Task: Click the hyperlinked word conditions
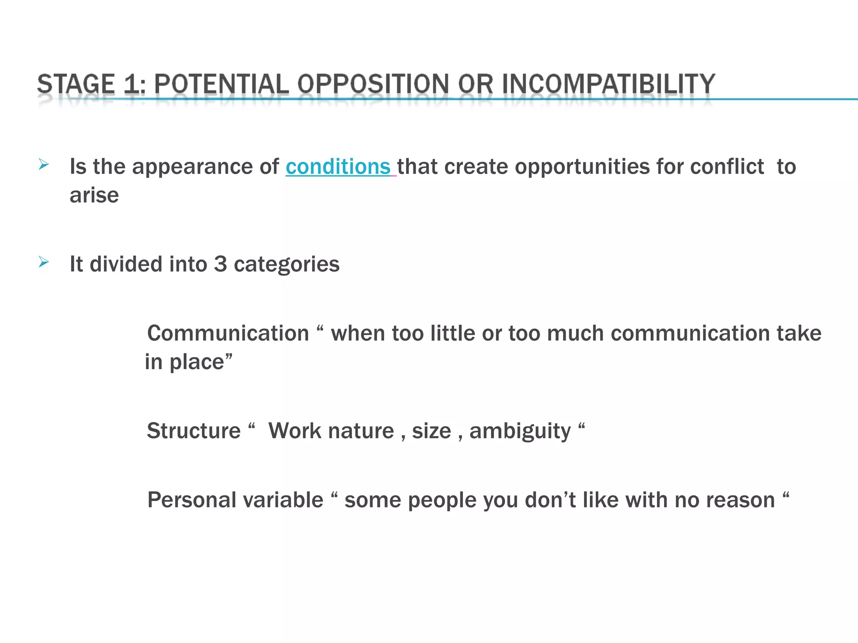[338, 167]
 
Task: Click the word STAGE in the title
[76, 84]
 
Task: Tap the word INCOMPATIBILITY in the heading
[608, 84]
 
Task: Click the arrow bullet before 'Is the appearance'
[44, 165]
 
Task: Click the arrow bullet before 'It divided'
[44, 262]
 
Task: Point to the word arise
[94, 195]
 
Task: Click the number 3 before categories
[220, 264]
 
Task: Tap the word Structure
[194, 431]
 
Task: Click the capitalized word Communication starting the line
[228, 334]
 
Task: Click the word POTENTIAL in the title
[222, 84]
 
